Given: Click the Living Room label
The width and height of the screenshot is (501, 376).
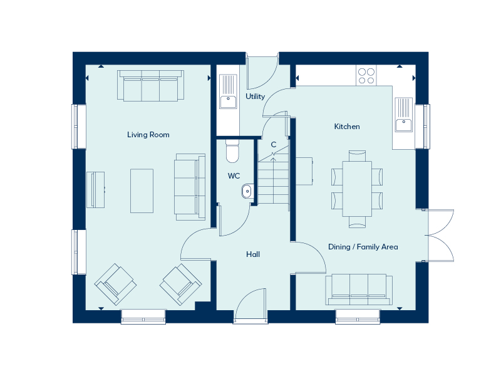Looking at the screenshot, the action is pos(148,135).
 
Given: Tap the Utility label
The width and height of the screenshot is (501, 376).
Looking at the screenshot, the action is pos(256,97).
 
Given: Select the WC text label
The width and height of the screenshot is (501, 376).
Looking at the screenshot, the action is pos(234,176).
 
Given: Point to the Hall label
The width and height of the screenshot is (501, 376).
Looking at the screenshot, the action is pos(253,254).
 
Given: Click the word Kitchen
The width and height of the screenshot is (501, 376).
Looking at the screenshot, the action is pos(347,127).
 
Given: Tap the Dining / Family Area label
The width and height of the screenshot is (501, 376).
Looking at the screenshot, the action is pos(363,247).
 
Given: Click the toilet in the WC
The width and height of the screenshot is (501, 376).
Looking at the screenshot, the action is pos(232,151).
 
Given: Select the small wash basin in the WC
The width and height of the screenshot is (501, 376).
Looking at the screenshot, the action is pos(247,191).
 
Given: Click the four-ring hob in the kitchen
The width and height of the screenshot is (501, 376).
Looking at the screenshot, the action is pos(366,75).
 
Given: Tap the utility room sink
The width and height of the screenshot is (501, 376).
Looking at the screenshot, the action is pos(228,91).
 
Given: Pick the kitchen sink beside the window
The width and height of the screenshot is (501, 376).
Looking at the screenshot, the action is pos(404,115).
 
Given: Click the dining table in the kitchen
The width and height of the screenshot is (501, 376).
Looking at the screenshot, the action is pos(357,189).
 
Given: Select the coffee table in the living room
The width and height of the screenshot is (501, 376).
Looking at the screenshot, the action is pos(142,191).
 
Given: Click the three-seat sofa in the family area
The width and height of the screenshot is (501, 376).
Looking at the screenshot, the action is pos(359,290).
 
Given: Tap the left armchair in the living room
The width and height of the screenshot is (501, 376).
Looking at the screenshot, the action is pos(115,285).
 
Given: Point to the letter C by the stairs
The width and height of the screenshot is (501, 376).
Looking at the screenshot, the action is pos(274,145).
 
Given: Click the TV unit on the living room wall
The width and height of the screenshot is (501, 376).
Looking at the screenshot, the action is pos(96,190).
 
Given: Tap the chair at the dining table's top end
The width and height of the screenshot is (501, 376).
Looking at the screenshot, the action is pos(357,156).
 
